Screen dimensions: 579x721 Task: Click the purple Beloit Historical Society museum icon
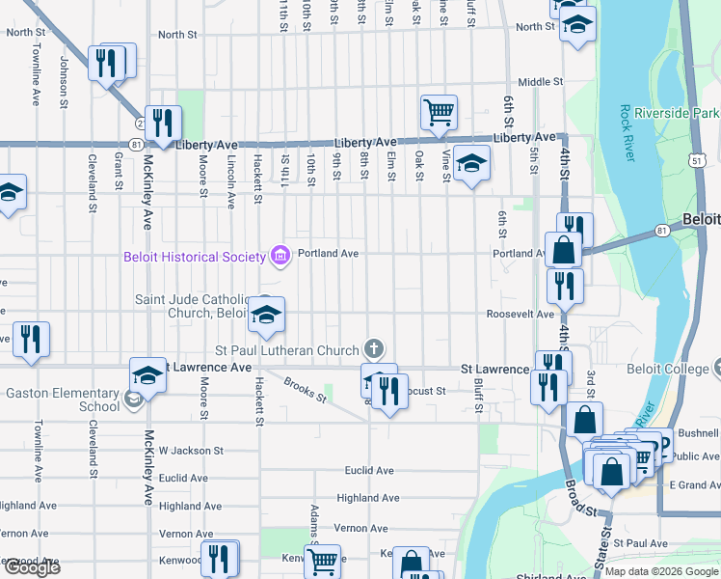coord(280,255)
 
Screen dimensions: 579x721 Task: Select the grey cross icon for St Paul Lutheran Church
coord(374,348)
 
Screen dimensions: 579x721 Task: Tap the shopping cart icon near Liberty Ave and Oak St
coord(439,112)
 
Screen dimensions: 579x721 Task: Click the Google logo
coord(31,567)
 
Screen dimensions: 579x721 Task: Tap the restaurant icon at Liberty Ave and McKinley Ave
coord(163,123)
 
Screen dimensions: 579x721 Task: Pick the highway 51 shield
coord(711,157)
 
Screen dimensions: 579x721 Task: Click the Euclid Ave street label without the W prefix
coord(370,471)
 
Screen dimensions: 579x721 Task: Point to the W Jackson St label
coord(191,451)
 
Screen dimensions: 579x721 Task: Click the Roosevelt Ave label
coord(520,314)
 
